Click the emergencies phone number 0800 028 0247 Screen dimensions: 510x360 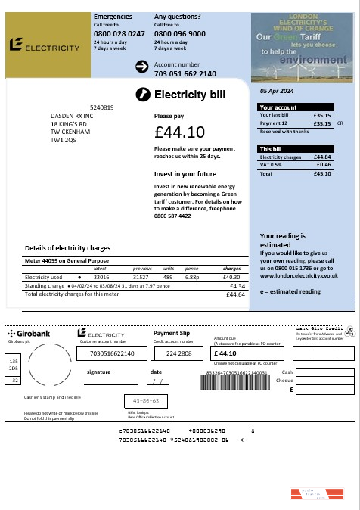pyautogui.click(x=119, y=34)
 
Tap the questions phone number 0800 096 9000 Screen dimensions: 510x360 pyautogui.click(x=179, y=34)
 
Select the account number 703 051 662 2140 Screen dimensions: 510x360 pyautogui.click(x=185, y=73)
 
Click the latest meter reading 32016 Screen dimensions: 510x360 pyautogui.click(x=101, y=278)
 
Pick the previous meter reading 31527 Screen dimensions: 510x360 pyautogui.click(x=142, y=278)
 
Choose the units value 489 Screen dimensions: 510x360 pyautogui.click(x=169, y=278)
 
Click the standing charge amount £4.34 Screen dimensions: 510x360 pyautogui.click(x=237, y=286)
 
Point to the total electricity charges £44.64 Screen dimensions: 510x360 pyautogui.click(x=236, y=294)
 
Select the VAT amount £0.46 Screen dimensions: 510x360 pyautogui.click(x=323, y=164)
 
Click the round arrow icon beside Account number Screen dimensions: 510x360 pyautogui.click(x=141, y=68)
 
